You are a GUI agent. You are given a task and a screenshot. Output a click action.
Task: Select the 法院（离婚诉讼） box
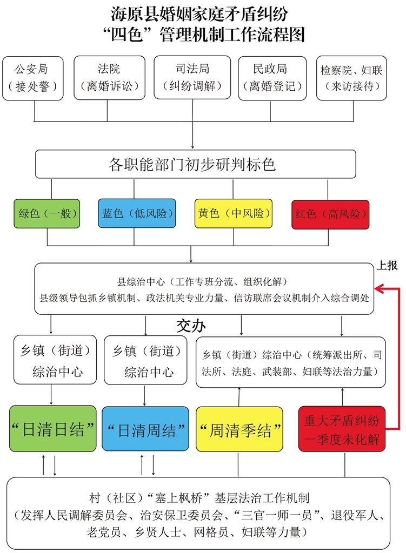(109, 78)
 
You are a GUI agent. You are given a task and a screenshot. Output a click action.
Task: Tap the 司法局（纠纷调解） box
(192, 78)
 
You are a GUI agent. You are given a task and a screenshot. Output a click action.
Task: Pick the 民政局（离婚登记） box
(272, 78)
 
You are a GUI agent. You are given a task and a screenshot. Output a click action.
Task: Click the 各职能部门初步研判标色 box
(195, 164)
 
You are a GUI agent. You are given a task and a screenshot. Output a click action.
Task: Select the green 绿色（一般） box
(48, 213)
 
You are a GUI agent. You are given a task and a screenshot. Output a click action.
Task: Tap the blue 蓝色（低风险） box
(137, 214)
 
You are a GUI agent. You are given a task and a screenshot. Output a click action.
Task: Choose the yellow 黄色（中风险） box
(233, 213)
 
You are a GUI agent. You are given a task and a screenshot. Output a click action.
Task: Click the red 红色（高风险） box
(330, 214)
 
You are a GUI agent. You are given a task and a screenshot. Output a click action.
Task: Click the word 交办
(191, 326)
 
